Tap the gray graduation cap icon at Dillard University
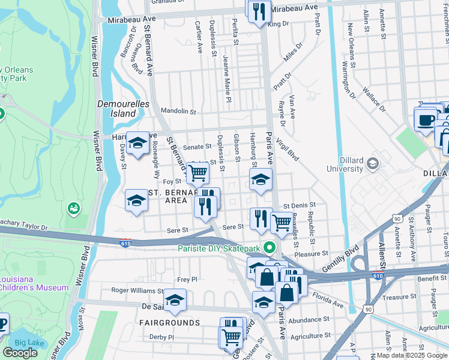373,164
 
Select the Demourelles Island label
116,108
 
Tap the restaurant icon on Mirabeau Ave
259,12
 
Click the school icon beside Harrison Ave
137,143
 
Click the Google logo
20,352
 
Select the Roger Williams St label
137,290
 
